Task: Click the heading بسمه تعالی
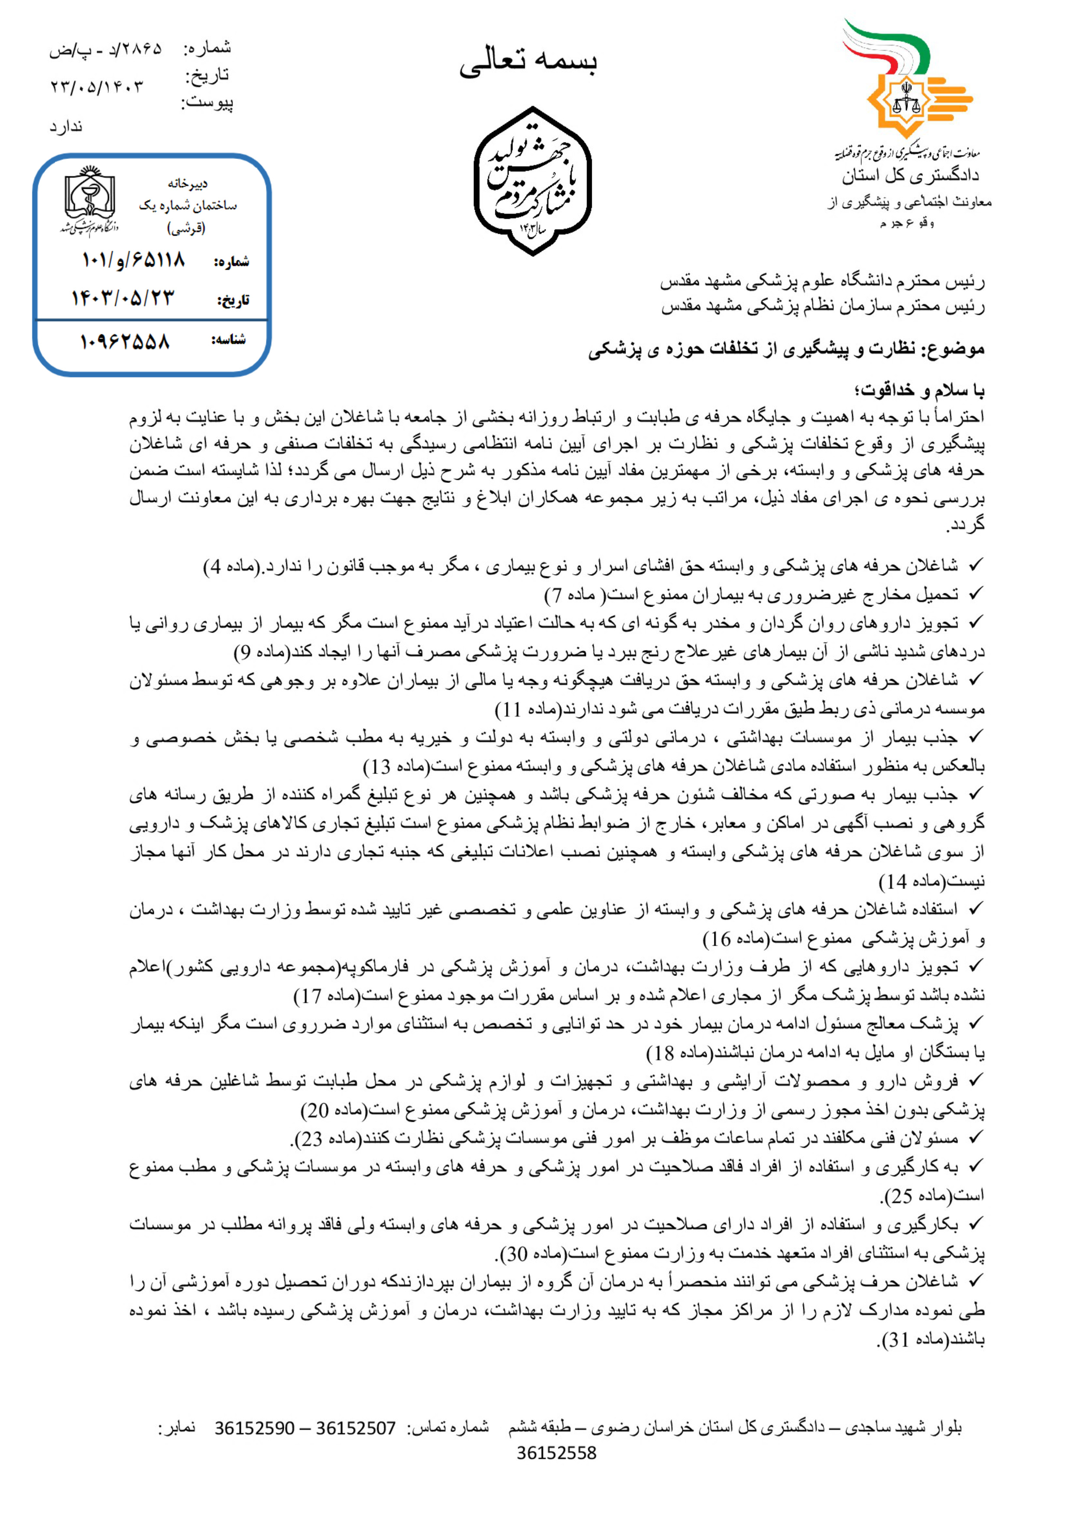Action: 528,62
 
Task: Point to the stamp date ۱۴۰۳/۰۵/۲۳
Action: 123,298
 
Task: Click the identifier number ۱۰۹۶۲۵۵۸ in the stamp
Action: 125,341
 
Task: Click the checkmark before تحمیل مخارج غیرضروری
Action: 975,594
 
